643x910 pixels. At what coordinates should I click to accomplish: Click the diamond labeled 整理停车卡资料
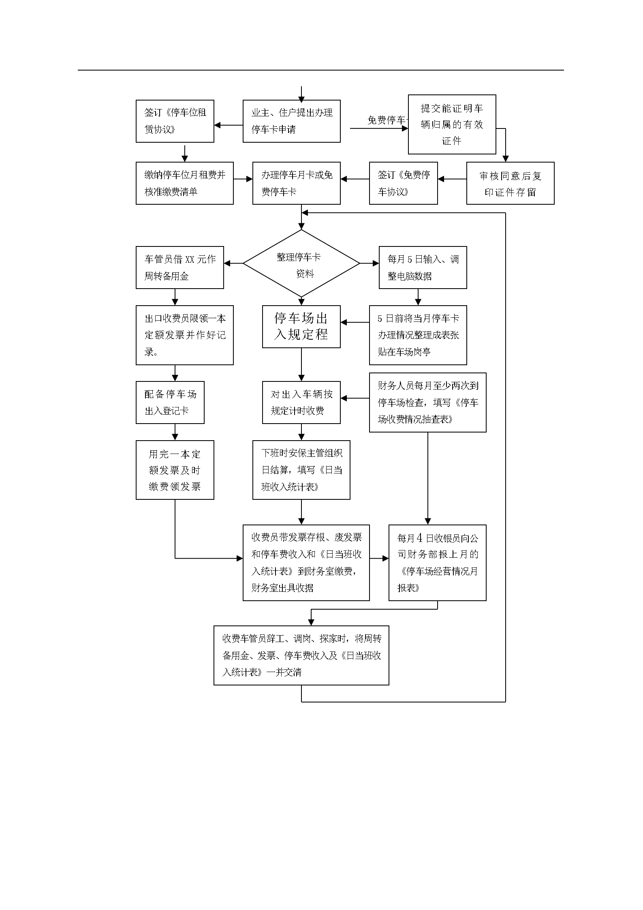301,263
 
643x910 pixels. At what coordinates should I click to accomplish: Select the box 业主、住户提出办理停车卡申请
291,121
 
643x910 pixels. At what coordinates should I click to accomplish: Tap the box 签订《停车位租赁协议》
175,121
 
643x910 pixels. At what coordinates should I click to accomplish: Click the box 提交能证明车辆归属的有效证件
452,124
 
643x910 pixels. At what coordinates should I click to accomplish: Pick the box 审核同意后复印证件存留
510,183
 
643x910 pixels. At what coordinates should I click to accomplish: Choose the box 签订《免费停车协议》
403,183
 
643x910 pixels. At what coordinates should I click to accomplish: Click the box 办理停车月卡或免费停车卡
296,183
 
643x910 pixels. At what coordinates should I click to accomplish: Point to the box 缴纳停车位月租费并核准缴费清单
184,183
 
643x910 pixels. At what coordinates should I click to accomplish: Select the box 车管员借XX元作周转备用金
179,268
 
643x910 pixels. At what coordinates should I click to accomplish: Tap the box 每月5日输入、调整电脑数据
423,268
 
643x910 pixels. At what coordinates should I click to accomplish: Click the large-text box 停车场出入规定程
301,327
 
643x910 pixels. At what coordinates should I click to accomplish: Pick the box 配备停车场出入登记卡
170,403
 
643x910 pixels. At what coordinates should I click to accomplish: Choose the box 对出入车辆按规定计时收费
301,403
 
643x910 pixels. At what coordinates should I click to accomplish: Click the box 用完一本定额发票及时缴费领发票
175,470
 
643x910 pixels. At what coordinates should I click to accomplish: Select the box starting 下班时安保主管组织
301,470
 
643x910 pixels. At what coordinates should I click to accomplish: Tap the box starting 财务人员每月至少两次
427,403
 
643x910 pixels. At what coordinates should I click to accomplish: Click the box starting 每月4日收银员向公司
437,563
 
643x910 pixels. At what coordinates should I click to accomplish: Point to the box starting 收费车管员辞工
301,655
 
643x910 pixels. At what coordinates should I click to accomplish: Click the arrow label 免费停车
386,120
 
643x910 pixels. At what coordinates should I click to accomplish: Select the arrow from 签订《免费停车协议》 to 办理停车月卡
355,179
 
